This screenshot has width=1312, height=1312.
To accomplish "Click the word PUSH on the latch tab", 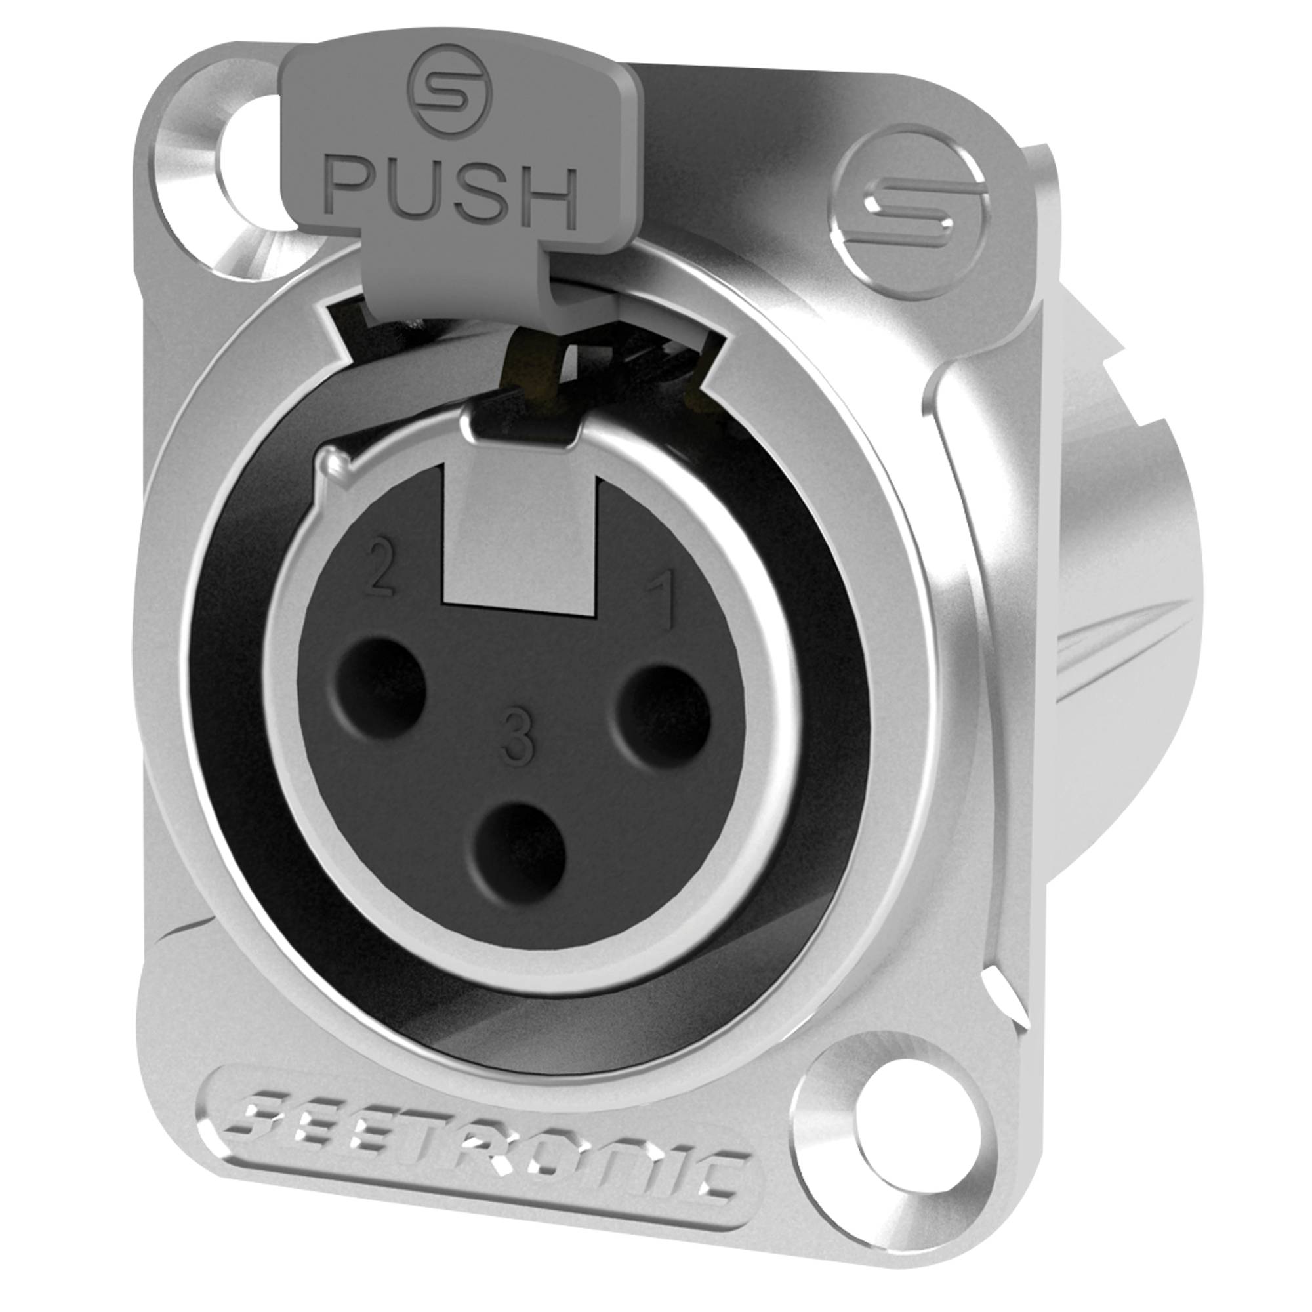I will tap(454, 192).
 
